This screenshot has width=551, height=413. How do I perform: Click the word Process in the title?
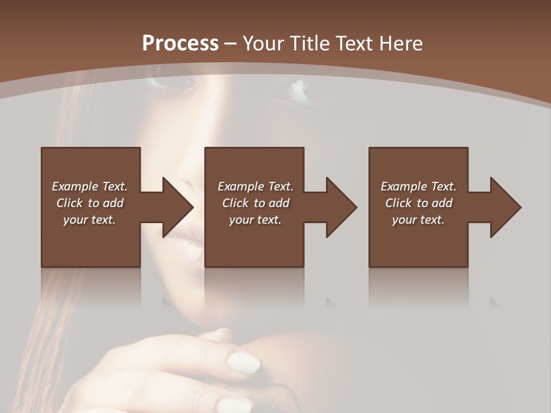180,44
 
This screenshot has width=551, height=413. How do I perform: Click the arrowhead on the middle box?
340,207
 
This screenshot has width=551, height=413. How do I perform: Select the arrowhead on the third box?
505,207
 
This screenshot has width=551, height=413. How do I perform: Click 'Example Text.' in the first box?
90,186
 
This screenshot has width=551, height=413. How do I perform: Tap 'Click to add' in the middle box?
255,203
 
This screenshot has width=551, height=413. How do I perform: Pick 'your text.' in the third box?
418,220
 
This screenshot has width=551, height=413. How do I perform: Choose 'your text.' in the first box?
90,220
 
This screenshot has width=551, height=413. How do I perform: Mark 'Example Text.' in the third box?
418,186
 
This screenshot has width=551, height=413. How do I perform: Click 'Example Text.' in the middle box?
255,186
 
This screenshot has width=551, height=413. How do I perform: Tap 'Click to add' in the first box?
90,203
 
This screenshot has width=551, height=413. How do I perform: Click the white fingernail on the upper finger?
243,363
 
